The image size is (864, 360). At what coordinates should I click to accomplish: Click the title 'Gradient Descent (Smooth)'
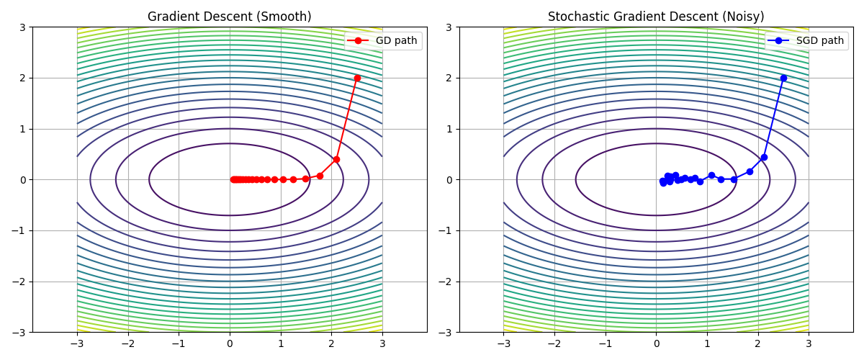pyautogui.click(x=230, y=17)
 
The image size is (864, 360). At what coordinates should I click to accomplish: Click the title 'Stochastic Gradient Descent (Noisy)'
pyautogui.click(x=656, y=17)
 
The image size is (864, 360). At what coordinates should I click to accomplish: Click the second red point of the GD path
pyautogui.click(x=336, y=159)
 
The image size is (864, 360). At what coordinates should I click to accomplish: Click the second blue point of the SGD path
pyautogui.click(x=764, y=157)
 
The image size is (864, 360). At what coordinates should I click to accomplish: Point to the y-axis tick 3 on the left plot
pyautogui.click(x=23, y=27)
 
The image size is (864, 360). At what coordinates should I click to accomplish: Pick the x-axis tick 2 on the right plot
pyautogui.click(x=757, y=343)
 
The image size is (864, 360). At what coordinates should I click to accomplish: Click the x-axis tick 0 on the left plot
pyautogui.click(x=230, y=343)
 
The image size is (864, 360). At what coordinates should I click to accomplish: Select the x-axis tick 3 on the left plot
pyautogui.click(x=382, y=343)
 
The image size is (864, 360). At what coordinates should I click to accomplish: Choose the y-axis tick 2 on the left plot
pyautogui.click(x=23, y=78)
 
